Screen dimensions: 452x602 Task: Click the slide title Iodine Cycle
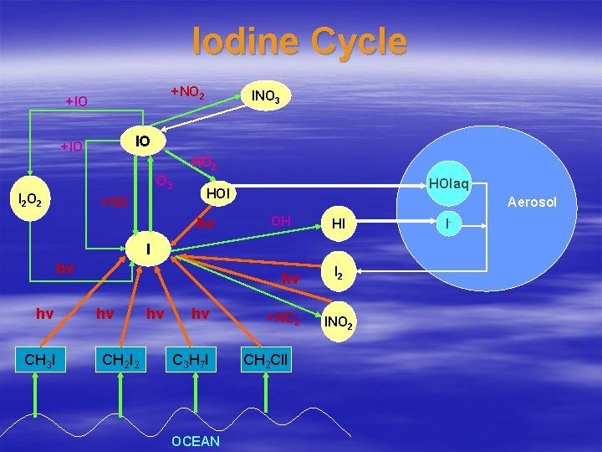(x=299, y=42)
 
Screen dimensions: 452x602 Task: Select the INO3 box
(x=266, y=97)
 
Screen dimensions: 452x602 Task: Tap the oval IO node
(x=143, y=141)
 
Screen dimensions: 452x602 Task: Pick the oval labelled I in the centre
(x=147, y=248)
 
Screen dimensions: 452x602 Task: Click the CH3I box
(x=39, y=361)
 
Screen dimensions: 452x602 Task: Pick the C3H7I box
(x=192, y=361)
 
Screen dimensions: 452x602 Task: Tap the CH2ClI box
(x=266, y=361)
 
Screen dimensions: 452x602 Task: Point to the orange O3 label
(x=165, y=182)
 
